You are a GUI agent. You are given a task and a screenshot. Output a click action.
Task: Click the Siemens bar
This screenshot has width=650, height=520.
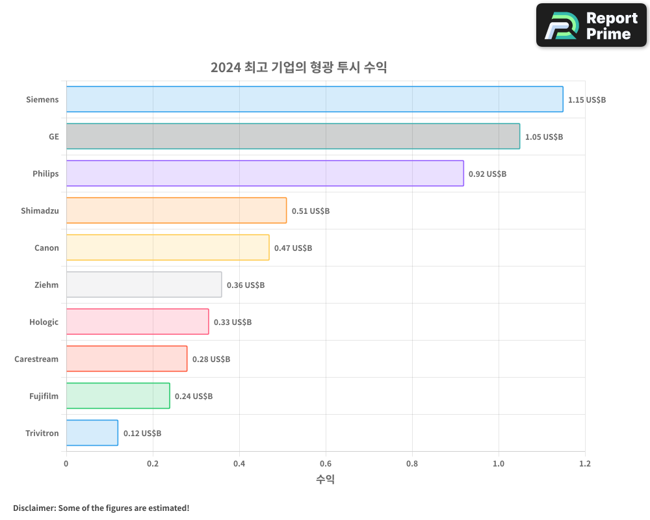[x=315, y=99]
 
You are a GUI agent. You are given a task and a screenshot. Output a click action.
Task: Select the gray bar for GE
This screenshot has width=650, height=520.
[x=292, y=136]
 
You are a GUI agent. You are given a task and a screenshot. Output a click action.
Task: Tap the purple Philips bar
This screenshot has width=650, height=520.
[x=265, y=174]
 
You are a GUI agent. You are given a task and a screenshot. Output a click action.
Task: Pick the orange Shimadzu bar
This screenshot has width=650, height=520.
[x=176, y=211]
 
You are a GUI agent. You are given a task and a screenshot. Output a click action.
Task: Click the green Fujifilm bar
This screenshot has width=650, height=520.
[x=118, y=396]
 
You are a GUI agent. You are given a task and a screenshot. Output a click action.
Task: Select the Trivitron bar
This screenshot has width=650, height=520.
[x=92, y=433]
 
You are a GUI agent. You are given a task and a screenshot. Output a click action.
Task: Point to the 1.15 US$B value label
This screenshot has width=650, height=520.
[x=586, y=100]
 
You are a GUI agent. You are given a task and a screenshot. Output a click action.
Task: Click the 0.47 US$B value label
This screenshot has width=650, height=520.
[x=292, y=248]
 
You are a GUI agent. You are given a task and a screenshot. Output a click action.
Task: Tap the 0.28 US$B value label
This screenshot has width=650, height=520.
[x=211, y=359]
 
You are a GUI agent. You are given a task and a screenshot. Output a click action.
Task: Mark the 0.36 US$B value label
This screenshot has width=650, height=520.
[x=245, y=285]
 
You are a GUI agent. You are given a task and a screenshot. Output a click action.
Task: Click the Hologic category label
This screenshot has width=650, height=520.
[x=44, y=322]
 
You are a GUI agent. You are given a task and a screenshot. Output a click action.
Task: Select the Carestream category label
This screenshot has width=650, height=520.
[x=36, y=359]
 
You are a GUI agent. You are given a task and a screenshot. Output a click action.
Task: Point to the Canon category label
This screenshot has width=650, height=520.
[x=46, y=248]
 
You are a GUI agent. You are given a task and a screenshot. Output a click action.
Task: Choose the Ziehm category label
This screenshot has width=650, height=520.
[x=46, y=285]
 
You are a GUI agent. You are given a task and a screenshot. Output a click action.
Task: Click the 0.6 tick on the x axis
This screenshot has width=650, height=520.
[x=326, y=464]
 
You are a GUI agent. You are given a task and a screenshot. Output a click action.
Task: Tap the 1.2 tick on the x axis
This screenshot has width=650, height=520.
[x=585, y=464]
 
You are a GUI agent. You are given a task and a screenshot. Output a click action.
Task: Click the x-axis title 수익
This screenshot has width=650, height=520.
[x=326, y=480]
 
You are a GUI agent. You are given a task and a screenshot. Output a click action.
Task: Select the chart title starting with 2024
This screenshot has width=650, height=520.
[x=298, y=67]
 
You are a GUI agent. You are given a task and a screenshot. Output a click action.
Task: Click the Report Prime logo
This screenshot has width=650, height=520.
[x=591, y=25]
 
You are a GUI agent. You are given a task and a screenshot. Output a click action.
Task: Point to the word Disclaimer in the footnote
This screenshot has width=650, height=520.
[x=34, y=508]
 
